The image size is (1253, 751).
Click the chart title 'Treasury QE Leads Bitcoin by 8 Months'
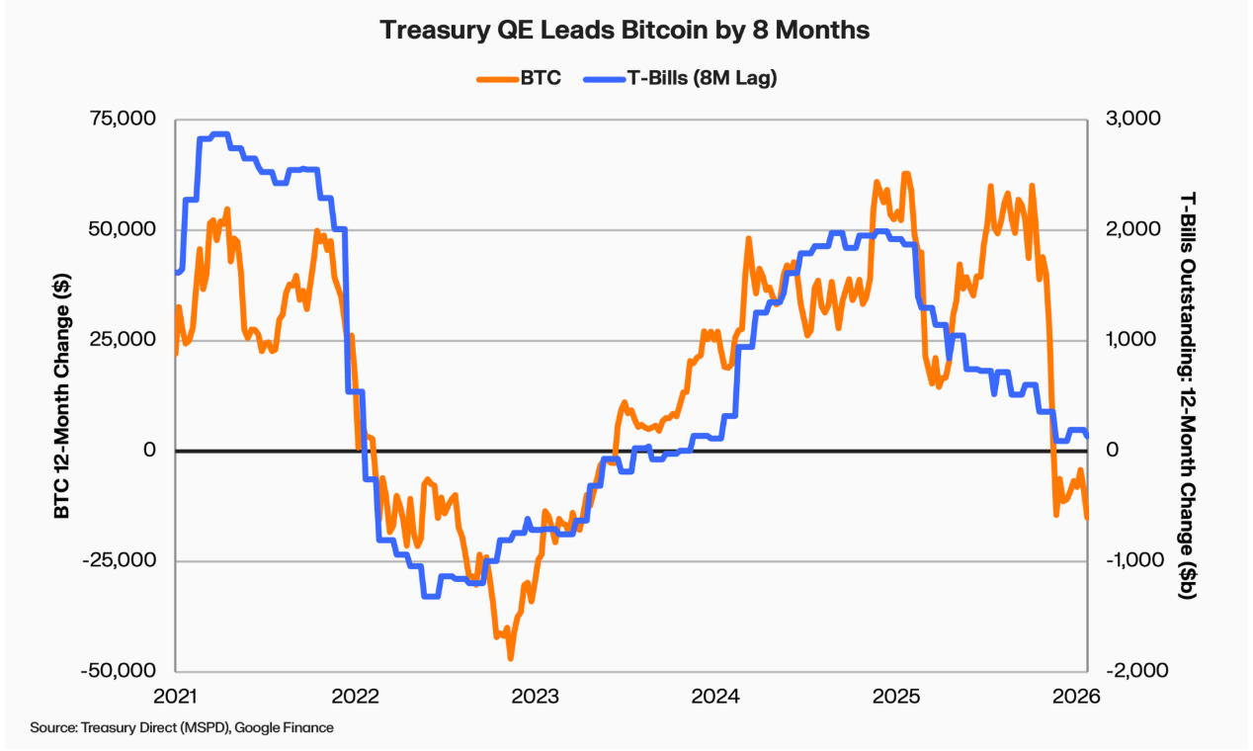[626, 31]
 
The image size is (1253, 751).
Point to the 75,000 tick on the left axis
[125, 119]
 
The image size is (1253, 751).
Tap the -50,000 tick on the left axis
[121, 671]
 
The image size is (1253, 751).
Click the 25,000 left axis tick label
[125, 339]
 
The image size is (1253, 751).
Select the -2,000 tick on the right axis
[1128, 671]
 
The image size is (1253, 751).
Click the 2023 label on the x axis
[535, 696]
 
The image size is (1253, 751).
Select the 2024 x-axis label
[714, 696]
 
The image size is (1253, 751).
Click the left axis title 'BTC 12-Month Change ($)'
[61, 395]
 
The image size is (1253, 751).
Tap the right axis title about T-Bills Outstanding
[1189, 395]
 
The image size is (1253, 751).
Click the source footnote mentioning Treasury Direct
[182, 727]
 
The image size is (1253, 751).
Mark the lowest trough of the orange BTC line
[511, 657]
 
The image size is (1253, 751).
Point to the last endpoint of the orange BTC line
[1087, 517]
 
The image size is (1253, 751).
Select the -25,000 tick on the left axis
[121, 560]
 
